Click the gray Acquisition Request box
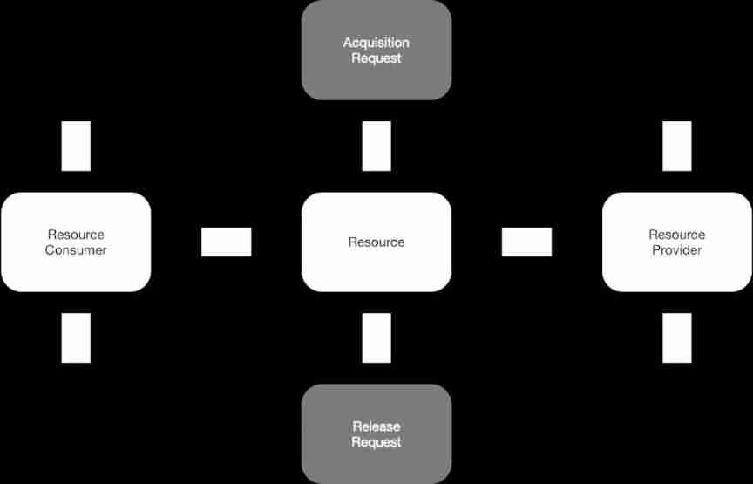[x=376, y=50]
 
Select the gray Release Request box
[x=376, y=434]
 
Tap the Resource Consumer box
[x=76, y=242]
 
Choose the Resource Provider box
[x=677, y=242]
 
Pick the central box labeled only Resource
[x=376, y=242]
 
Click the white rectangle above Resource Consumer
[x=76, y=146]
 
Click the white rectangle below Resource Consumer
[x=76, y=337]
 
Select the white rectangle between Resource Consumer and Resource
[x=226, y=242]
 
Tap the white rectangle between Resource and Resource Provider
[x=526, y=242]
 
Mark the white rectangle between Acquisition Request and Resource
[x=376, y=146]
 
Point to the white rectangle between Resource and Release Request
[x=376, y=337]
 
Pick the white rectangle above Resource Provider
[x=677, y=146]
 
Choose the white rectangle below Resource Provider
[x=677, y=337]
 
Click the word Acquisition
[x=376, y=43]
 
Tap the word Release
[x=376, y=426]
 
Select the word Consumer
[x=76, y=250]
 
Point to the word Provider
[x=677, y=250]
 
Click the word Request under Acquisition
[x=376, y=58]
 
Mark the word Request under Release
[x=376, y=442]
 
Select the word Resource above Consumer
[x=76, y=235]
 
